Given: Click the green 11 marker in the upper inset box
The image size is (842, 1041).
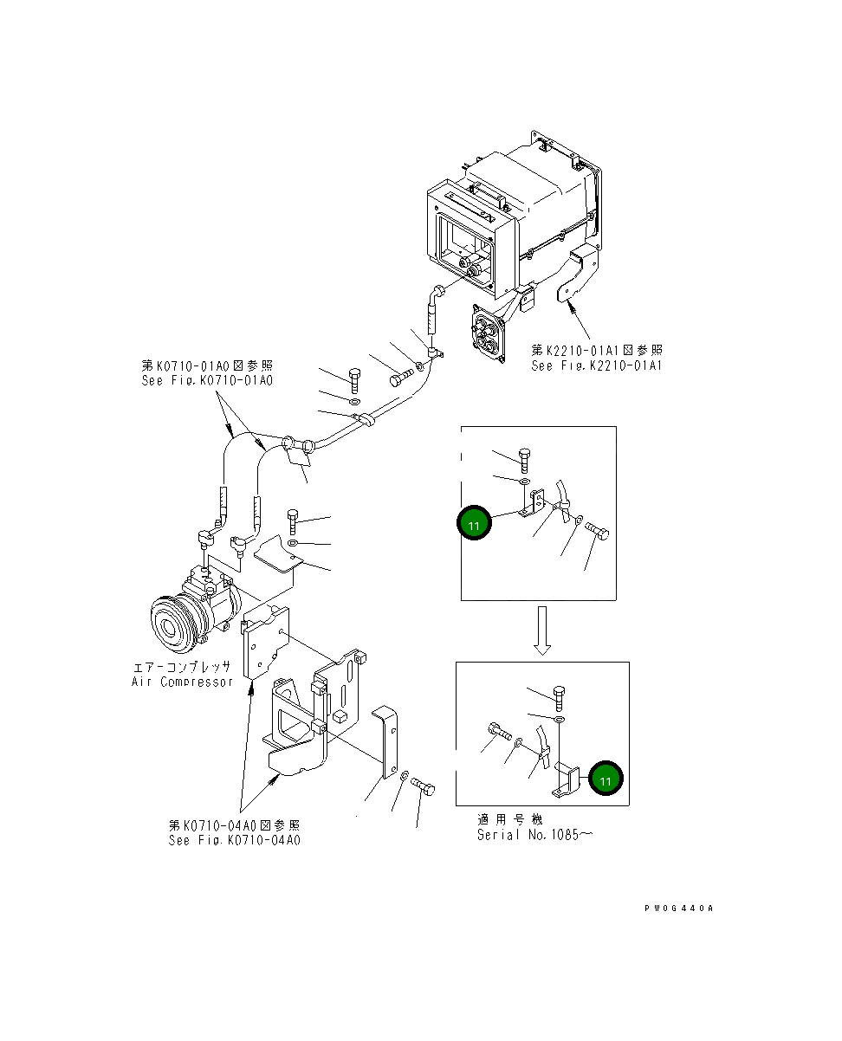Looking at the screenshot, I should click(x=474, y=525).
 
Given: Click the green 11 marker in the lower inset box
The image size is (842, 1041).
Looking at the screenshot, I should click(x=606, y=779).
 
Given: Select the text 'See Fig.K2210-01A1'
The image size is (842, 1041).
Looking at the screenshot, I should click(x=597, y=366).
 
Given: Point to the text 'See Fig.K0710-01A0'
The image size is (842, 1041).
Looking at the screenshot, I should click(x=207, y=380).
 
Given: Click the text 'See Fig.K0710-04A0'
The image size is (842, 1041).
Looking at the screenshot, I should click(x=235, y=840).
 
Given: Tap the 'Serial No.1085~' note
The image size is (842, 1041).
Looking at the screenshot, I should click(x=534, y=835).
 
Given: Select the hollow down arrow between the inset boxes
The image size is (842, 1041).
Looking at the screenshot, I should click(x=541, y=630).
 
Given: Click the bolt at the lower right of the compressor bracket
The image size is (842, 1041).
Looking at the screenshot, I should click(x=424, y=787).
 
